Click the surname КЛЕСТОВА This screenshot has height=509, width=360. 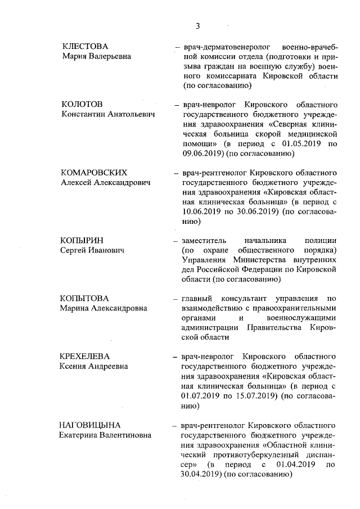coord(85,46)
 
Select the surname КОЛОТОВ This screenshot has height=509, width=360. coord(82,105)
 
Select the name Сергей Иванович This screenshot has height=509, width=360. coord(92,250)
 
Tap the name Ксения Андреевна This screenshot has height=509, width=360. coord(94,366)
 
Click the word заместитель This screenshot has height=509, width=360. coord(205,240)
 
